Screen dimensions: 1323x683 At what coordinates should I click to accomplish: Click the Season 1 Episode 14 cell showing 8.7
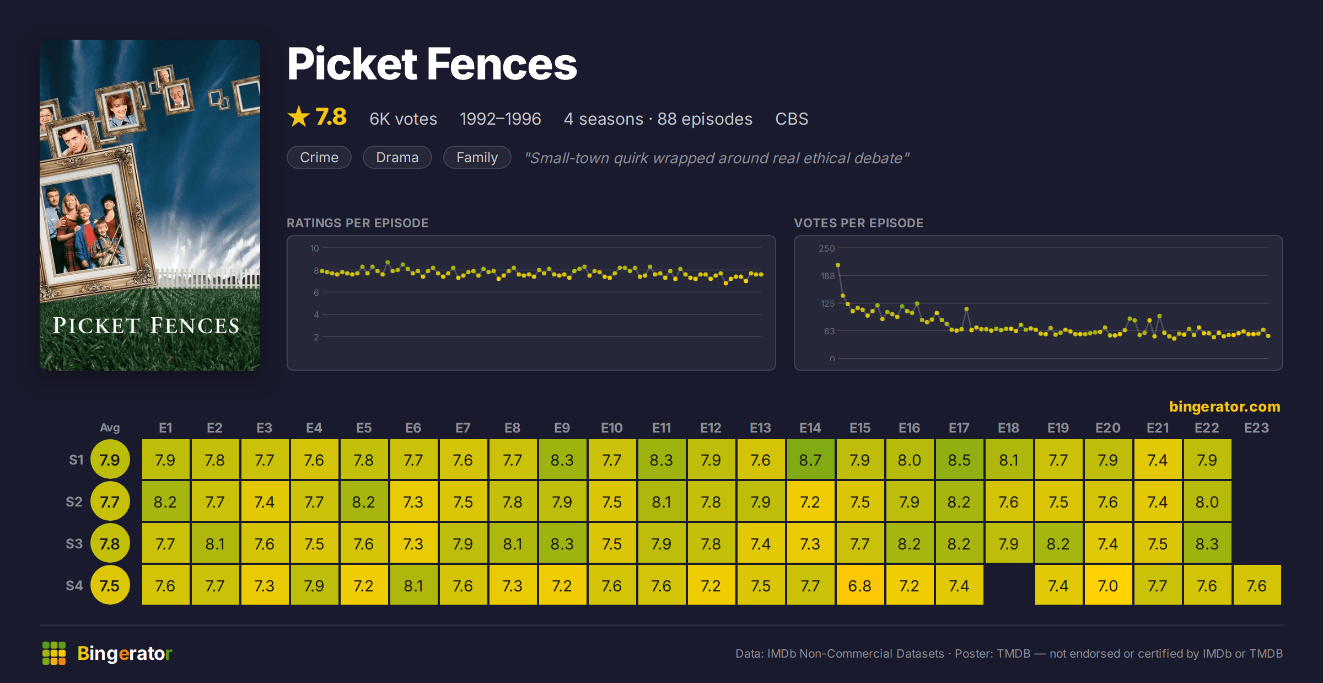click(810, 460)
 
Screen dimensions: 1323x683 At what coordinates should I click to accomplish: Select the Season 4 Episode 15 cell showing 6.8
click(860, 585)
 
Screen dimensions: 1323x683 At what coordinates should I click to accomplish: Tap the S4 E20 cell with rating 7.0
click(1108, 585)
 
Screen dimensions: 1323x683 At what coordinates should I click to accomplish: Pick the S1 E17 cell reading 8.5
click(959, 460)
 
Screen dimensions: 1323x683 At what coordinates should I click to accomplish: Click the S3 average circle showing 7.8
click(110, 543)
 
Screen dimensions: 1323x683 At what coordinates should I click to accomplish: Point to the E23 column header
click(1257, 428)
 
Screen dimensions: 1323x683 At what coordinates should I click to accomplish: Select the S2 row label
click(74, 501)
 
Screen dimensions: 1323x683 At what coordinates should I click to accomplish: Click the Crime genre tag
click(319, 157)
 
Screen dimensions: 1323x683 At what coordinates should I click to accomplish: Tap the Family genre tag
click(477, 157)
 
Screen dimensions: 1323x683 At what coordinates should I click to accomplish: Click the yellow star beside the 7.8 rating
click(299, 116)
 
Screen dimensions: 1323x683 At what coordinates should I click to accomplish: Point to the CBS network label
click(792, 119)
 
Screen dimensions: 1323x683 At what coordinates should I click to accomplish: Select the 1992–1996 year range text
click(500, 119)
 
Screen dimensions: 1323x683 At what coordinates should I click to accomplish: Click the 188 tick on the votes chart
click(827, 276)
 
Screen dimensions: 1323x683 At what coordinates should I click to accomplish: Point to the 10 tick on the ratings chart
click(314, 248)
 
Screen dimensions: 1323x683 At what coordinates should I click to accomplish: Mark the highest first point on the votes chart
click(838, 265)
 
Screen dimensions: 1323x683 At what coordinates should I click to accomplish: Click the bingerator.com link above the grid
click(1224, 407)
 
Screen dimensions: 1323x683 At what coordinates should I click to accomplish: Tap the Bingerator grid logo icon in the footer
click(54, 653)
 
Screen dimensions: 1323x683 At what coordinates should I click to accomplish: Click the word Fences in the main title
click(502, 64)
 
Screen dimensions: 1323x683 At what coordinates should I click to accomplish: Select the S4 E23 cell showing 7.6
click(1257, 585)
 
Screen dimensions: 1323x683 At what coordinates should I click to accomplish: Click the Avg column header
click(110, 428)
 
